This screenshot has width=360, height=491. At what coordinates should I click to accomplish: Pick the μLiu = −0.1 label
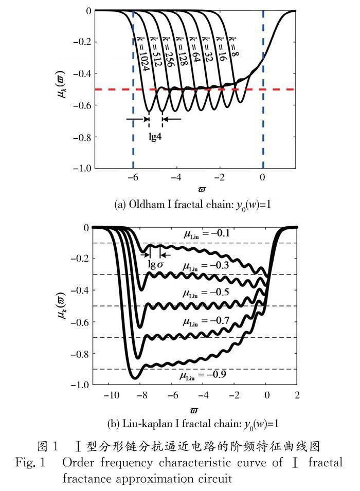tap(207, 234)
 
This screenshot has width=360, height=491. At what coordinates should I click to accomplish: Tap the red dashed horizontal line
tap(206, 89)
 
